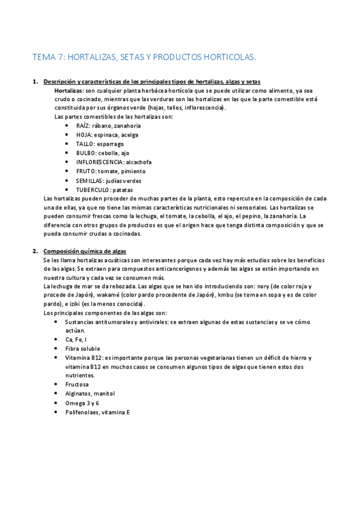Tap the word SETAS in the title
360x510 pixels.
point(136,57)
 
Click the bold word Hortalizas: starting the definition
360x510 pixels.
point(70,90)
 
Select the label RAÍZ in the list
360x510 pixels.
point(84,126)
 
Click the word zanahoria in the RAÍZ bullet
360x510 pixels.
point(126,126)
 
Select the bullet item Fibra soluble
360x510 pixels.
point(83,349)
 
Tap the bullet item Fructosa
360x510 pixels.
point(77,384)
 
